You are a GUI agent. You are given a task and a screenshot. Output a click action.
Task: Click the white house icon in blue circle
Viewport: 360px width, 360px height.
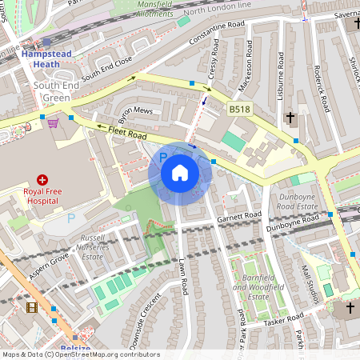pyautogui.click(x=180, y=173)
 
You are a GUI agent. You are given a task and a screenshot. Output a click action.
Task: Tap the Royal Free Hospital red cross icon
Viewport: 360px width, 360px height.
pyautogui.click(x=42, y=181)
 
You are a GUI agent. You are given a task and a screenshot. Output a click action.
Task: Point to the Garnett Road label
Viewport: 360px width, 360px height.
pyautogui.click(x=239, y=216)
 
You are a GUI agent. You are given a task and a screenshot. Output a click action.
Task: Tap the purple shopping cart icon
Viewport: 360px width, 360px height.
pyautogui.click(x=53, y=123)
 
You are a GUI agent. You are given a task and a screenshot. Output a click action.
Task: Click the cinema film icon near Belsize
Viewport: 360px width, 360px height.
pyautogui.click(x=31, y=307)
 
